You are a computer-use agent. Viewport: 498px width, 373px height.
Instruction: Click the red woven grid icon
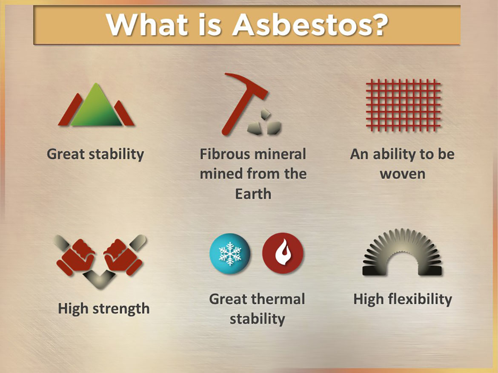[403, 105]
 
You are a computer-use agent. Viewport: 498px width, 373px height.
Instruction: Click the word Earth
[253, 194]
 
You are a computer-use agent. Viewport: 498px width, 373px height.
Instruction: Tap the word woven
[402, 174]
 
